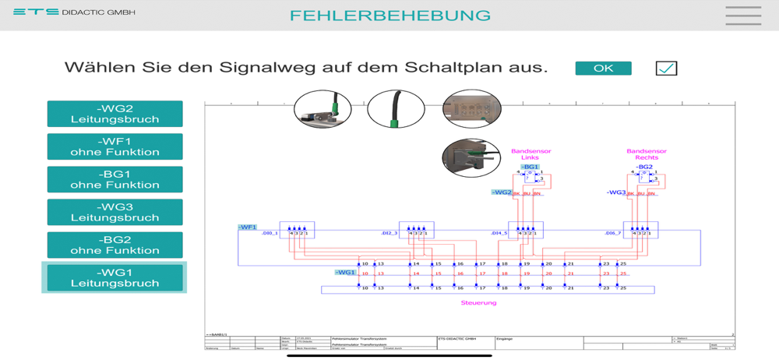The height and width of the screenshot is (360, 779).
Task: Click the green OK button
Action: pos(603,69)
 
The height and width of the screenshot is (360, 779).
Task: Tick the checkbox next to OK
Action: pos(666,69)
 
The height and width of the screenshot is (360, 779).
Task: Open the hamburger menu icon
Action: pos(742,16)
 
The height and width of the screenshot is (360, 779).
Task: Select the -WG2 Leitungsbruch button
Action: pos(115,114)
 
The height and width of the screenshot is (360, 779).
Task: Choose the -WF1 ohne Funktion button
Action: pos(115,146)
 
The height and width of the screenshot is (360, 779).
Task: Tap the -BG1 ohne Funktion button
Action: pos(115,179)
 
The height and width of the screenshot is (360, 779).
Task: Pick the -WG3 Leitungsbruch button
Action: pos(115,212)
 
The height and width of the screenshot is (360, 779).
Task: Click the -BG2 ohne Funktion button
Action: pos(115,245)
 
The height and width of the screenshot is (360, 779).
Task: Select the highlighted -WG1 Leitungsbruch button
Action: pos(115,277)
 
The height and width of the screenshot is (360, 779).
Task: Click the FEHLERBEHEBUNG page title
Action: pos(390,16)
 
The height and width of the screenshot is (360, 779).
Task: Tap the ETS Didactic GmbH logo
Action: pos(74,12)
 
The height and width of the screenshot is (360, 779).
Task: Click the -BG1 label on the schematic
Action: pos(530,167)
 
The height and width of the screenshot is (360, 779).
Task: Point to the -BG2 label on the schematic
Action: pos(644,167)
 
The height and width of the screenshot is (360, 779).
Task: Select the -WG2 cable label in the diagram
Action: pos(502,192)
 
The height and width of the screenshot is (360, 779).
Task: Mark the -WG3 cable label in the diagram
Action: pos(616,192)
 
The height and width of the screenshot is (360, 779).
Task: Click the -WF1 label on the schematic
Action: pos(248,228)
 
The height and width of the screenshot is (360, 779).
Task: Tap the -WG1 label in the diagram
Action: pos(345,273)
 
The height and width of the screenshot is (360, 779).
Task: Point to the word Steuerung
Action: pos(478,302)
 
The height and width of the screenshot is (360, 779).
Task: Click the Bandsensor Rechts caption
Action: pos(646,154)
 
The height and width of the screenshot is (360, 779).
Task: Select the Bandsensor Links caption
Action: pos(530,154)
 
